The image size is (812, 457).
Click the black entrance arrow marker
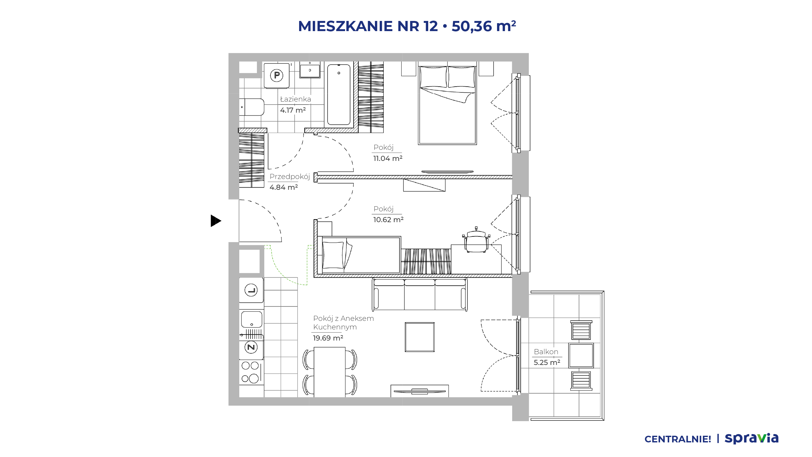(216, 221)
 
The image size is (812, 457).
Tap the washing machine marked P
(277, 76)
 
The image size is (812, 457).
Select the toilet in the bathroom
(252, 107)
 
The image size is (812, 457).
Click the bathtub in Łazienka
(339, 94)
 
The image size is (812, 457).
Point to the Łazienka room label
(295, 99)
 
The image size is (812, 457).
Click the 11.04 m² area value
(388, 158)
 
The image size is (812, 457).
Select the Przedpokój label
(290, 176)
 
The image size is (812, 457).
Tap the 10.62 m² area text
(388, 219)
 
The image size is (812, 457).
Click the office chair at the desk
(476, 240)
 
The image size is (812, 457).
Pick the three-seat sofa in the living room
(420, 295)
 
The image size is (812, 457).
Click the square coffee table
(420, 337)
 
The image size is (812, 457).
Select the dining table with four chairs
(330, 372)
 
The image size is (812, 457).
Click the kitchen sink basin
(252, 319)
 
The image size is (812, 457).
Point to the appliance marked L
(251, 290)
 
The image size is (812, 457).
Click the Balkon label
(546, 352)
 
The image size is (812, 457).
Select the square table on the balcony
(581, 355)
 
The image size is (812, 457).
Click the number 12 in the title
(430, 26)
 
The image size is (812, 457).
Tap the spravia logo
(751, 438)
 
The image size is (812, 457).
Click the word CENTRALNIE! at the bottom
(678, 439)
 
